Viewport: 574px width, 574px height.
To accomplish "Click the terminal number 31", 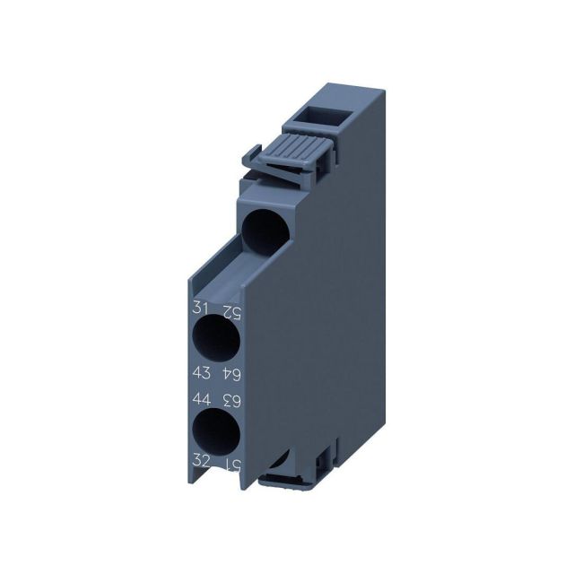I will click(202, 308).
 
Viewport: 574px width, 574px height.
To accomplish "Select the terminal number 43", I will click(202, 371).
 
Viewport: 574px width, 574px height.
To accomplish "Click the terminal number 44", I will click(202, 396).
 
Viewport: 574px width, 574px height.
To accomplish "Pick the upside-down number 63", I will click(230, 399).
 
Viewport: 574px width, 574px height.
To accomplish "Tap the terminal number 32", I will click(202, 460).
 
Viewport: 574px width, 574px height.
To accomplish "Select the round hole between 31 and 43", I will click(216, 340).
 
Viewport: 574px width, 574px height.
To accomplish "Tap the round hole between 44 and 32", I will click(216, 430).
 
